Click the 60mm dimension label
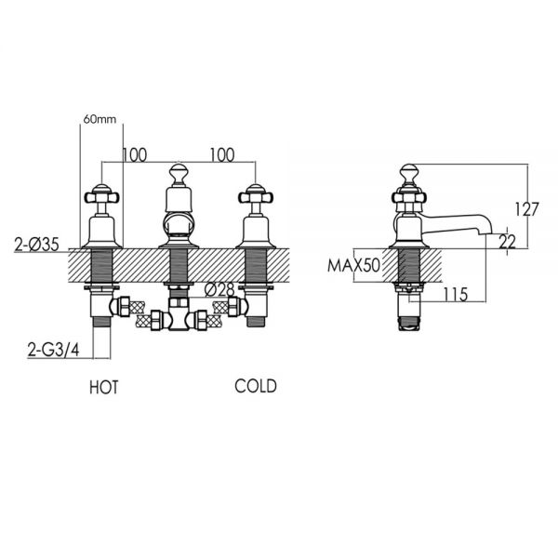100,119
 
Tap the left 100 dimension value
135,155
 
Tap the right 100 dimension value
222,155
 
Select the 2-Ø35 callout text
36,245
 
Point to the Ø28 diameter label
219,290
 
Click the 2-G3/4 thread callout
54,351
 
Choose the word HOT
104,388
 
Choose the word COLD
256,386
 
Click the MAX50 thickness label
353,265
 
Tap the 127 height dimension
527,209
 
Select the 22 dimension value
507,242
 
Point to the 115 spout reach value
456,294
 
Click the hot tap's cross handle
101,197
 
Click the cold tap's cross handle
256,197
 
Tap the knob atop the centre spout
179,173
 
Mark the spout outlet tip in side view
486,233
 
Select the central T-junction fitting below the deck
179,314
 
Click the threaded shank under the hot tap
101,266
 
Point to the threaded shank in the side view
409,265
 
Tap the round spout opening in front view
179,223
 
